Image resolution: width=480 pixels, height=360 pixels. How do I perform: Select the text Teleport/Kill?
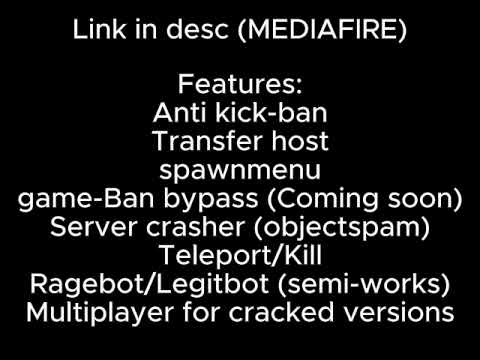[x=240, y=255]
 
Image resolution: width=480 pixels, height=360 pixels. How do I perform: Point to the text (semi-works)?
[x=366, y=283]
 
